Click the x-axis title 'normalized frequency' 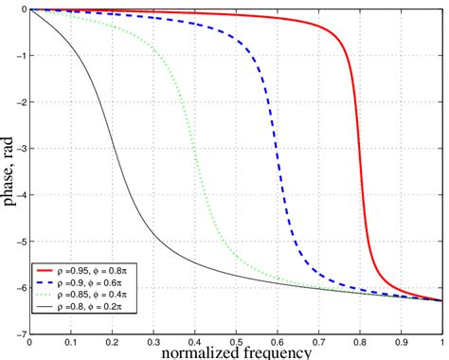point(236,351)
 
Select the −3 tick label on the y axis point(21,148)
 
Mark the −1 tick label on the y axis point(21,55)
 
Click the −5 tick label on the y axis point(21,241)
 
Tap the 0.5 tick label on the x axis point(236,343)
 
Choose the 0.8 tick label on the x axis point(359,343)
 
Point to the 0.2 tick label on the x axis point(113,343)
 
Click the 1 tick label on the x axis point(441,343)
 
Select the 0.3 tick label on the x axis point(153,343)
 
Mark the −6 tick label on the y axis point(21,287)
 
